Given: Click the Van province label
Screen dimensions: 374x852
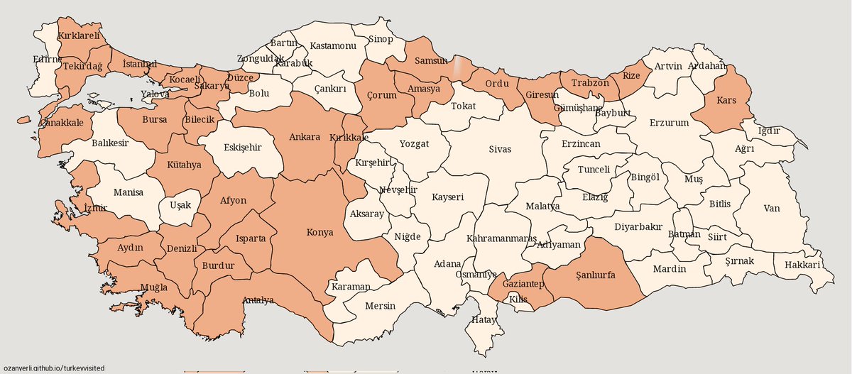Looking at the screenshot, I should [771, 209].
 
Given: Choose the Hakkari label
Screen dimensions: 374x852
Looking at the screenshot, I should [803, 265].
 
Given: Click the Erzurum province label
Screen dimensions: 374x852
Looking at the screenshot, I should [669, 123].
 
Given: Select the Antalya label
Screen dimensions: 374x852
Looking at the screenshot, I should [258, 300].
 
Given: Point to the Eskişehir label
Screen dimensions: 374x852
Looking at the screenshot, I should [243, 148].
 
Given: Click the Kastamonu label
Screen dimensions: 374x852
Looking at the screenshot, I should [333, 46].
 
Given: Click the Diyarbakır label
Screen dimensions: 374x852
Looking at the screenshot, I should [638, 227].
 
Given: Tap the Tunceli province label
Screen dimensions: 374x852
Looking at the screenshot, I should [594, 170].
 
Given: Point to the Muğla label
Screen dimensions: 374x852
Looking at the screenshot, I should [154, 287].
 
